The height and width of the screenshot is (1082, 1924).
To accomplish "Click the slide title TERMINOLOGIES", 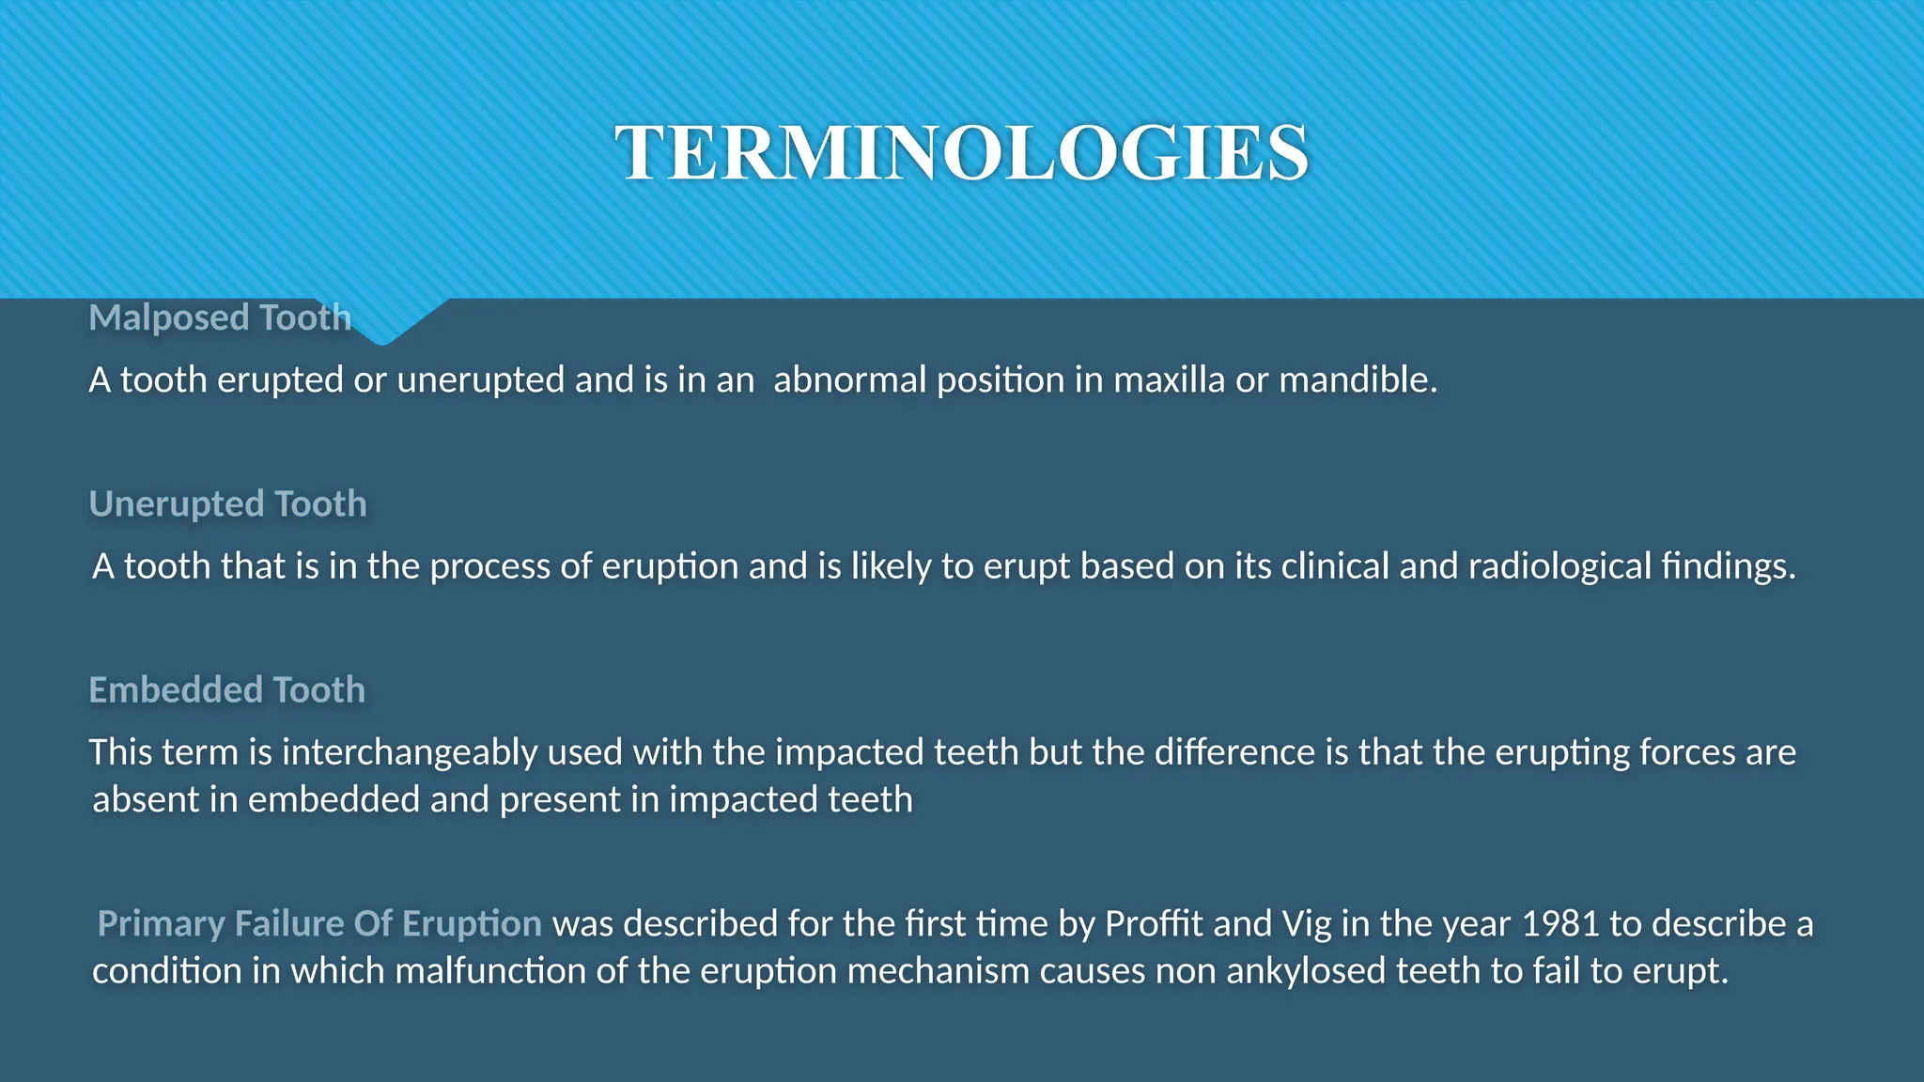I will pos(961,153).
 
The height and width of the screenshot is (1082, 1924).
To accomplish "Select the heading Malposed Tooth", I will pos(220,317).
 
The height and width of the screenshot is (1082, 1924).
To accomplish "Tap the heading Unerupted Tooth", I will pos(227,503).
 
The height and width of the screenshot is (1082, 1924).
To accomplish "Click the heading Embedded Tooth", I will pos(226,689).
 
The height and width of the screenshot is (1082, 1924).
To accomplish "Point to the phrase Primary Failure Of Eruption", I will pos(319,923).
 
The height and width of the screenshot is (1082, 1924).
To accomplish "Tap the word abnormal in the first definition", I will pos(849,379).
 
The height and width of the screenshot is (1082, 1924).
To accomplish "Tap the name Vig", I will pos(1307,923).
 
